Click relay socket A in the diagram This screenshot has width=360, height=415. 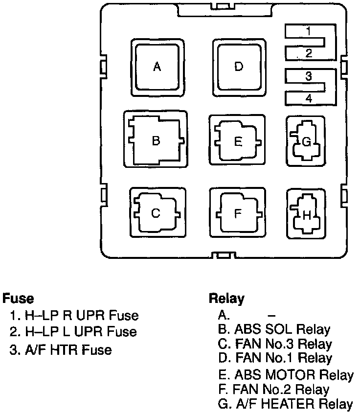157,67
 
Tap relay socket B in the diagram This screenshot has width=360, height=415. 156,141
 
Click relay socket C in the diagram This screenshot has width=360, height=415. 156,214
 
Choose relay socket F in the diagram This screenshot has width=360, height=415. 238,214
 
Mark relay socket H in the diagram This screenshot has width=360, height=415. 306,214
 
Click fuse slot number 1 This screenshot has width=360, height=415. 308,31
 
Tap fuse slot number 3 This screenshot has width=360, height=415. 308,76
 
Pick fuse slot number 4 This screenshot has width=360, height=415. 308,99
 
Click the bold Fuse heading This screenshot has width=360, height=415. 18,298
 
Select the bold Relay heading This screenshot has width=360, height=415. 226,298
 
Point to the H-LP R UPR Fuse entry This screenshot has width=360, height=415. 74,315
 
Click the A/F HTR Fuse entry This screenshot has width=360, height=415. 61,349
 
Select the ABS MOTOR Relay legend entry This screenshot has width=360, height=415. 286,375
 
